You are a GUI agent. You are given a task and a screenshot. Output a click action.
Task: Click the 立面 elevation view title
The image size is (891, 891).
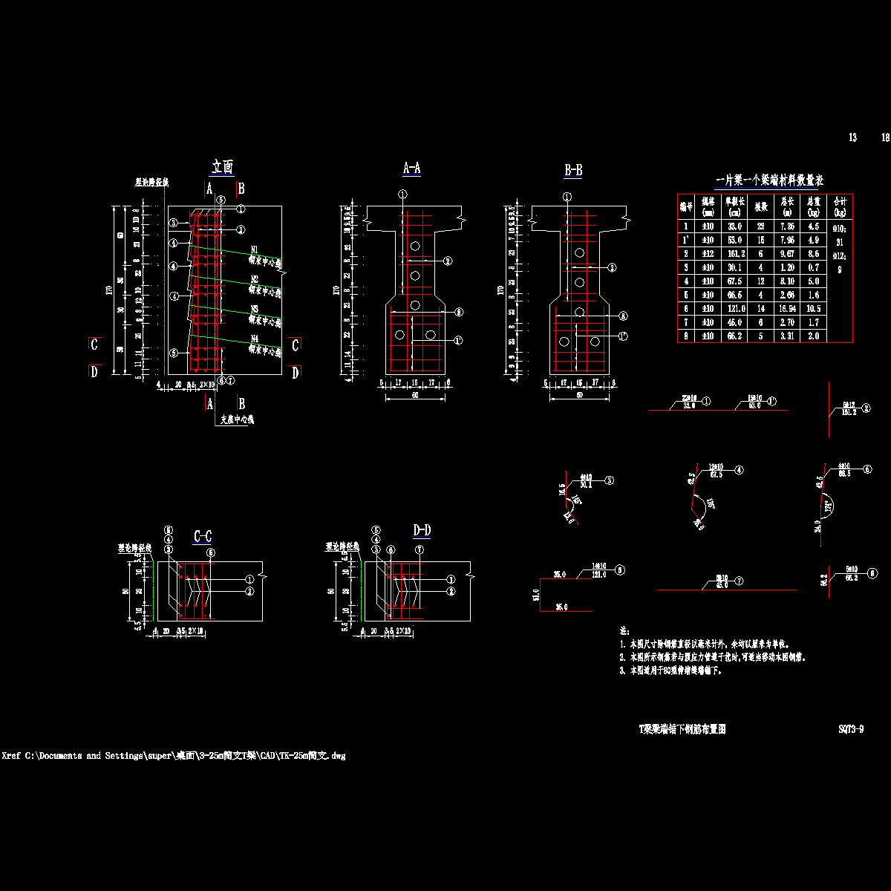(x=223, y=167)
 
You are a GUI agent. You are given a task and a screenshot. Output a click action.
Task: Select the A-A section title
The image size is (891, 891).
(x=411, y=169)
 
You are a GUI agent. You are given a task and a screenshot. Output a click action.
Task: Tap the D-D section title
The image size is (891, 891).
(x=421, y=530)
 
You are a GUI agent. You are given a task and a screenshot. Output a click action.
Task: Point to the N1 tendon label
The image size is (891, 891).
(x=254, y=249)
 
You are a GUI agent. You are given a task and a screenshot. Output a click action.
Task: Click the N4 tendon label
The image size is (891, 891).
(x=254, y=338)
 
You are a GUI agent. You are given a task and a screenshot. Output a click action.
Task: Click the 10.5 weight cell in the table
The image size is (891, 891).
(x=813, y=309)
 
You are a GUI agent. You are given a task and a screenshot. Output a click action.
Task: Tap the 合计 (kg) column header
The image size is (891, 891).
(x=840, y=205)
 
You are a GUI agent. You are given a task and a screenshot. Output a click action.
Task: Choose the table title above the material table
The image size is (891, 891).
(x=768, y=180)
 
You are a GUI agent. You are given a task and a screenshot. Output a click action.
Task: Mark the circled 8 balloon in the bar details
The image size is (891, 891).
(x=872, y=572)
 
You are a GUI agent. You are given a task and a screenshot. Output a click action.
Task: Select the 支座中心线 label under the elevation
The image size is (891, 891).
(x=237, y=420)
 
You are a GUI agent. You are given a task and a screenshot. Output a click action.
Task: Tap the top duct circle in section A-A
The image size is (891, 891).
(x=415, y=246)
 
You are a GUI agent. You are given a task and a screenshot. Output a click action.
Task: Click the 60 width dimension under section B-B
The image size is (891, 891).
(x=579, y=396)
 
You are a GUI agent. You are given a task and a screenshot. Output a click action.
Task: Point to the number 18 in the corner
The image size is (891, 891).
(x=885, y=137)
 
